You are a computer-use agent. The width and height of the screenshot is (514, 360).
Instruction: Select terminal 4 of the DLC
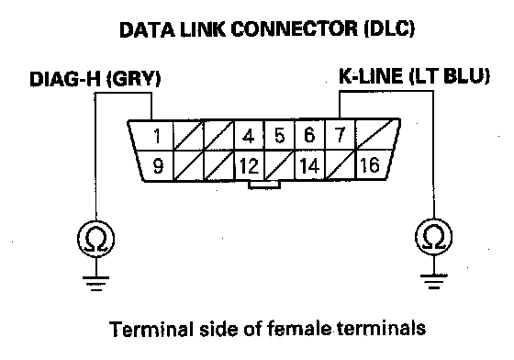coord(249,135)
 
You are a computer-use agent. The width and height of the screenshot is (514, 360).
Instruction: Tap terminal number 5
coord(279,135)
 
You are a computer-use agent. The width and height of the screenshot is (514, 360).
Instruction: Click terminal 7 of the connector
coord(340,135)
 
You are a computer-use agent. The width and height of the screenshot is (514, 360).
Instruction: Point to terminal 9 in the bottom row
coord(157,165)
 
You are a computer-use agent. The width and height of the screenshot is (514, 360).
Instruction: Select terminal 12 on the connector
coord(249,165)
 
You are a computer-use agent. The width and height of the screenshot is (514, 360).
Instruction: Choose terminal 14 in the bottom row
coord(310,165)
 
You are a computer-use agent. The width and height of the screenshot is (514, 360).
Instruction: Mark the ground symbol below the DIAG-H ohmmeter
coord(96,283)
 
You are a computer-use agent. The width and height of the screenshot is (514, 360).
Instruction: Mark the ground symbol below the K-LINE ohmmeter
coord(433,281)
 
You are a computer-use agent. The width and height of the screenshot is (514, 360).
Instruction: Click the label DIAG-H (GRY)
coord(95,79)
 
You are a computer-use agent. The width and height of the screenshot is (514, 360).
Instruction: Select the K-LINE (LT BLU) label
coord(414,76)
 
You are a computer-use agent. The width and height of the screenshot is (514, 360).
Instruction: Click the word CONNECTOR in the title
coord(295,29)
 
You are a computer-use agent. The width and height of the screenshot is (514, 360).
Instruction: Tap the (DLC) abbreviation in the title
coord(389,29)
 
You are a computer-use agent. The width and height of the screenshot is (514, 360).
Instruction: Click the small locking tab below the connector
coord(264,185)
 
